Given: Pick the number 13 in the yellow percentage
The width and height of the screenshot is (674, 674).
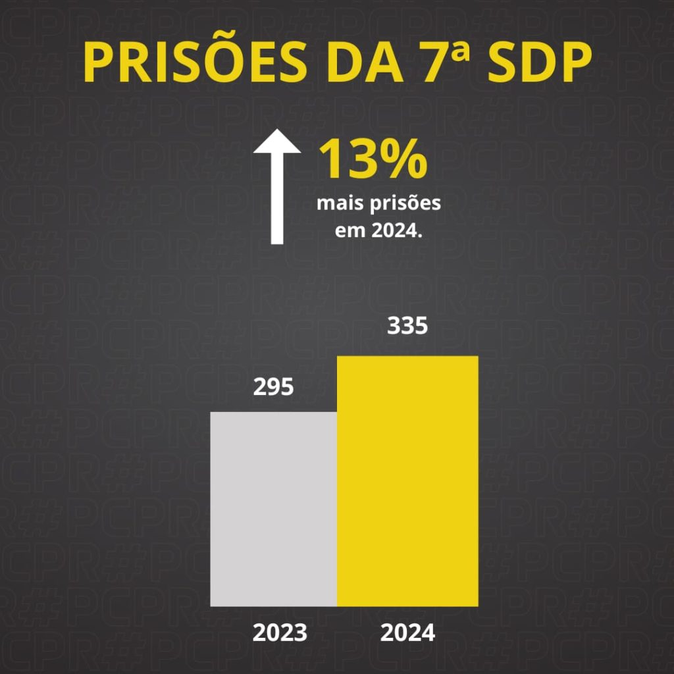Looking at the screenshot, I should click(x=350, y=160).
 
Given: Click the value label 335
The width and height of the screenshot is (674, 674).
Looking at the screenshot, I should click(x=407, y=326).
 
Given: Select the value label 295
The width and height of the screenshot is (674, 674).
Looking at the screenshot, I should click(x=273, y=388).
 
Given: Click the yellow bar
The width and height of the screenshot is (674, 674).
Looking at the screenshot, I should click(x=407, y=480).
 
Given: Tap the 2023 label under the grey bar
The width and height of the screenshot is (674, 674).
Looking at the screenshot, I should click(x=280, y=633).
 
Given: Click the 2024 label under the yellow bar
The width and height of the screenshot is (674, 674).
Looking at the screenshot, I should click(x=407, y=633).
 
